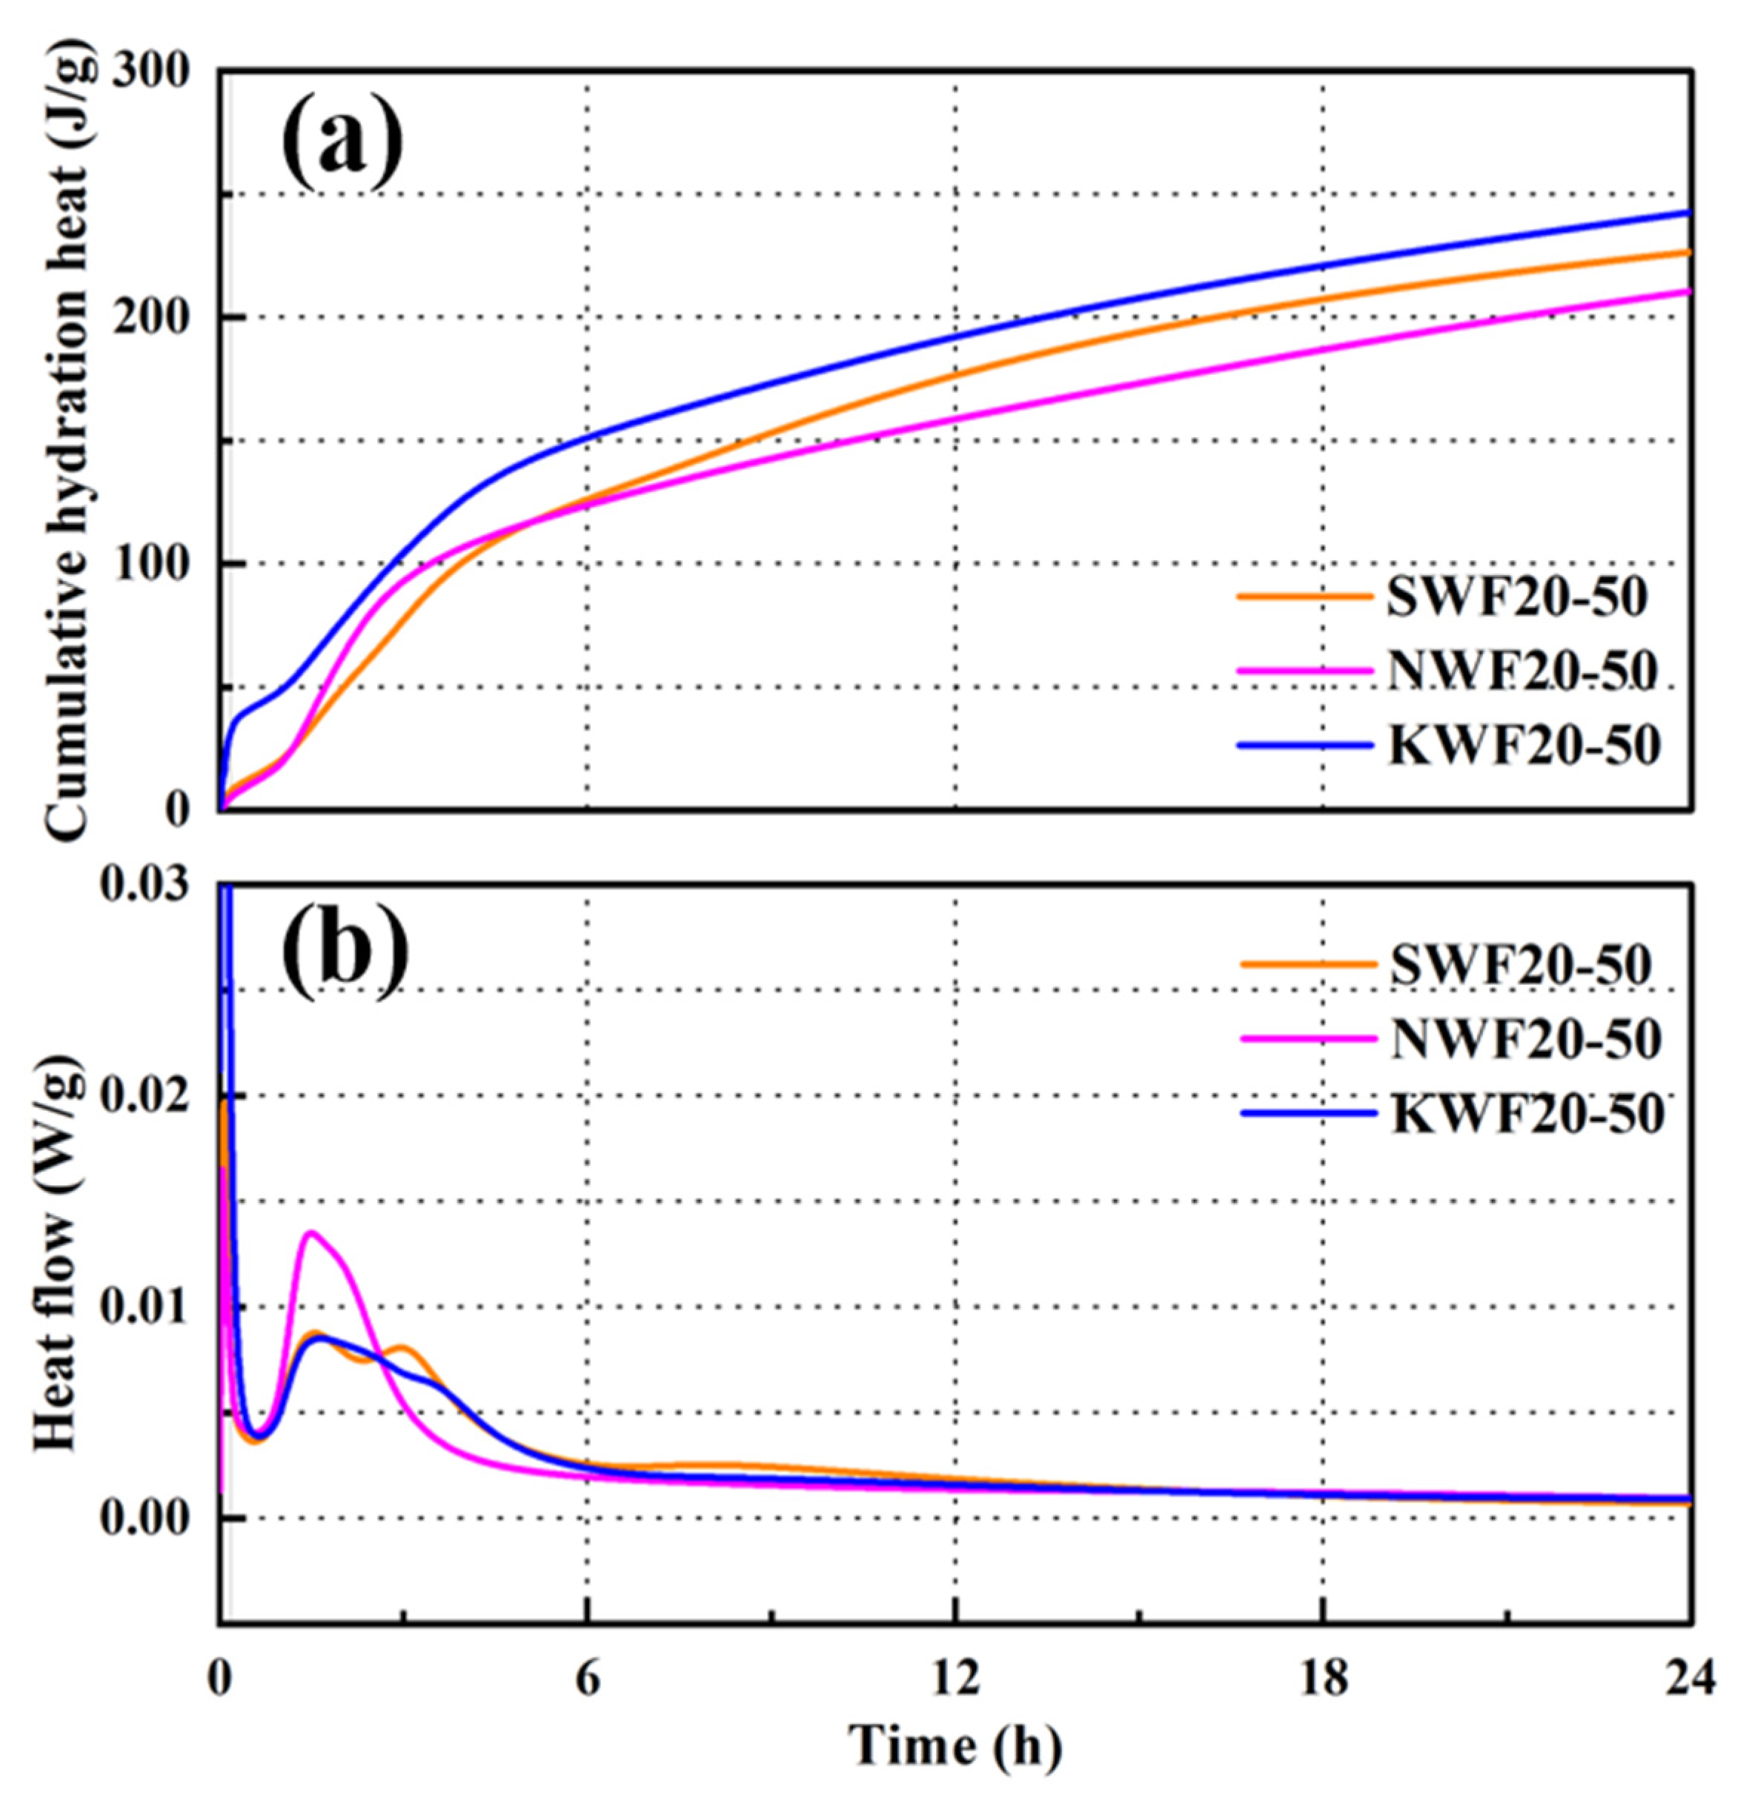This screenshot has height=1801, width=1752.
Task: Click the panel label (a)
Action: [x=342, y=145]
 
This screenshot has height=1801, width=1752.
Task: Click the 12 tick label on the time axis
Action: [x=955, y=1678]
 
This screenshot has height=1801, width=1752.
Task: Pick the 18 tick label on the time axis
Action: [x=1323, y=1678]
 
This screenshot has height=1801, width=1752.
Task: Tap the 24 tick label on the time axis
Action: [x=1690, y=1678]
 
